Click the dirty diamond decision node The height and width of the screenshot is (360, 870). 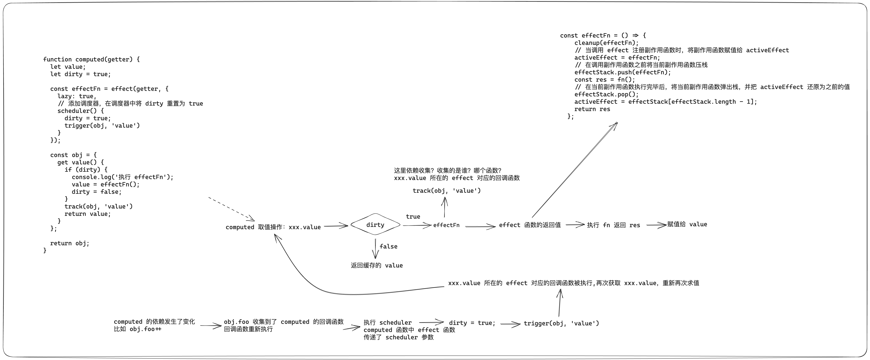point(375,225)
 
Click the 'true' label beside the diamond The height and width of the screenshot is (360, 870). point(413,216)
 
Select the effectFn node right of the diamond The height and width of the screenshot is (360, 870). point(446,225)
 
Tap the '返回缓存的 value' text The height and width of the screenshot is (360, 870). point(377,265)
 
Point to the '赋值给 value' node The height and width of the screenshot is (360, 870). point(687,224)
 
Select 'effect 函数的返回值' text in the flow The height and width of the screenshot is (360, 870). point(530,225)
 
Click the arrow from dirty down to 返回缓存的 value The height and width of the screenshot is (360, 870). point(375,249)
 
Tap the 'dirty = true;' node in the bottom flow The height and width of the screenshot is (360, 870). point(472,323)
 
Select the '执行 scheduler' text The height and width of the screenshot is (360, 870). point(387,322)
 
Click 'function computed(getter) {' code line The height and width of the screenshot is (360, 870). point(91,59)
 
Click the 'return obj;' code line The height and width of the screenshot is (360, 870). point(70,243)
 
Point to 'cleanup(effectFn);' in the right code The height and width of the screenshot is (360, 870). point(606,43)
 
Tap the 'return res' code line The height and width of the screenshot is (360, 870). point(592,109)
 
